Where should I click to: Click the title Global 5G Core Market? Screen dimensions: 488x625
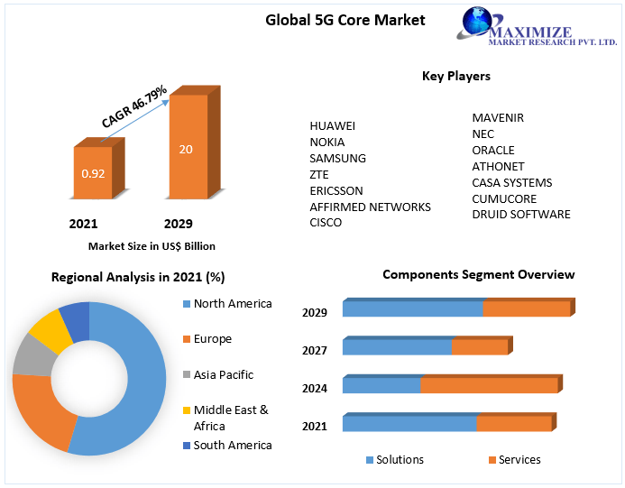click(x=345, y=20)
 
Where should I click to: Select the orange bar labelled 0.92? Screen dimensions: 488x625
click(x=93, y=172)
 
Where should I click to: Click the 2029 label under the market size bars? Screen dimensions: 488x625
click(x=178, y=224)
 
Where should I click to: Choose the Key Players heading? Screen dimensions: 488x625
click(x=456, y=77)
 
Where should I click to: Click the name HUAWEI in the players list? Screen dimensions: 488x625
click(x=333, y=125)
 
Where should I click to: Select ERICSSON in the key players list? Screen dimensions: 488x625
click(x=336, y=190)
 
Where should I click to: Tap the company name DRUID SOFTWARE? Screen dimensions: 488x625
click(x=521, y=215)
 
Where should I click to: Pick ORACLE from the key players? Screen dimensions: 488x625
click(x=493, y=150)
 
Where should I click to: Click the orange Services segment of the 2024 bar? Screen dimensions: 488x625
click(x=489, y=385)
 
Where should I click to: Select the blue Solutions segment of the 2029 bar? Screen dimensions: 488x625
click(x=412, y=308)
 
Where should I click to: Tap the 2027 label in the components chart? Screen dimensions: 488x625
click(x=315, y=351)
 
